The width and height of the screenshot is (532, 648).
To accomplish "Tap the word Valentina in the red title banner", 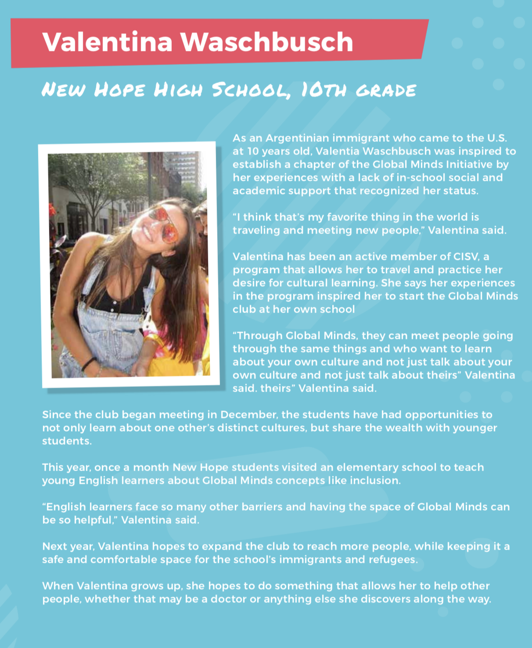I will pyautogui.click(x=107, y=42).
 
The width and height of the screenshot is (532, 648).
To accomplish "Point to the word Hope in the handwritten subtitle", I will pyautogui.click(x=119, y=90).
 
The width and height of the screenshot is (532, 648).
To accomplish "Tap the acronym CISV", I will pyautogui.click(x=466, y=256).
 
